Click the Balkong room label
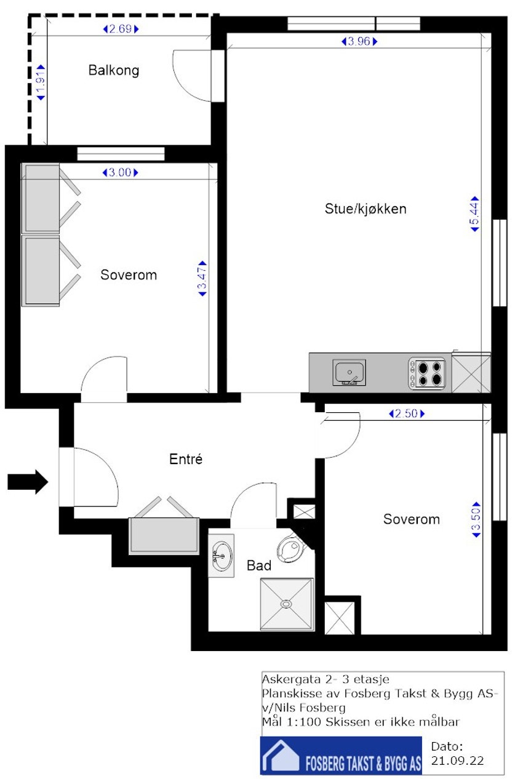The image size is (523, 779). [114, 70]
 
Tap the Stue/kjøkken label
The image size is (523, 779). [365, 209]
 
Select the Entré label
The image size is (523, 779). [186, 459]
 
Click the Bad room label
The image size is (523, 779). [259, 565]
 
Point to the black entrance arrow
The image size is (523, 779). [28, 481]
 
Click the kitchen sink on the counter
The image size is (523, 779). [349, 372]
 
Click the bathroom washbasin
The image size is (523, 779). [222, 556]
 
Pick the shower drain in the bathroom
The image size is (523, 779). [286, 604]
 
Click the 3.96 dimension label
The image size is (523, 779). [358, 42]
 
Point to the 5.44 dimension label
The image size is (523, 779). [475, 214]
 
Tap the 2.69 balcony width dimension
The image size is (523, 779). [121, 29]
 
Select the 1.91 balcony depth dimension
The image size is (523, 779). [41, 82]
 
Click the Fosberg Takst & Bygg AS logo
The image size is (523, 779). [341, 756]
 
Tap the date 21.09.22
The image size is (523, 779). [458, 761]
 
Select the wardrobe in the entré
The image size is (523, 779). [164, 534]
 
